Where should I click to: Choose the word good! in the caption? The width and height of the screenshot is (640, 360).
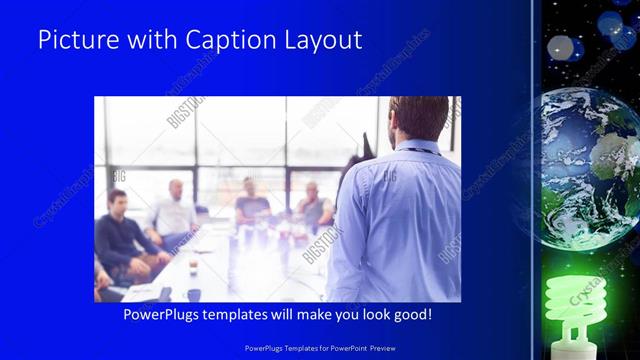click(x=413, y=314)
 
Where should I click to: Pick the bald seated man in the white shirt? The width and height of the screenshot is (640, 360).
click(x=172, y=215)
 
